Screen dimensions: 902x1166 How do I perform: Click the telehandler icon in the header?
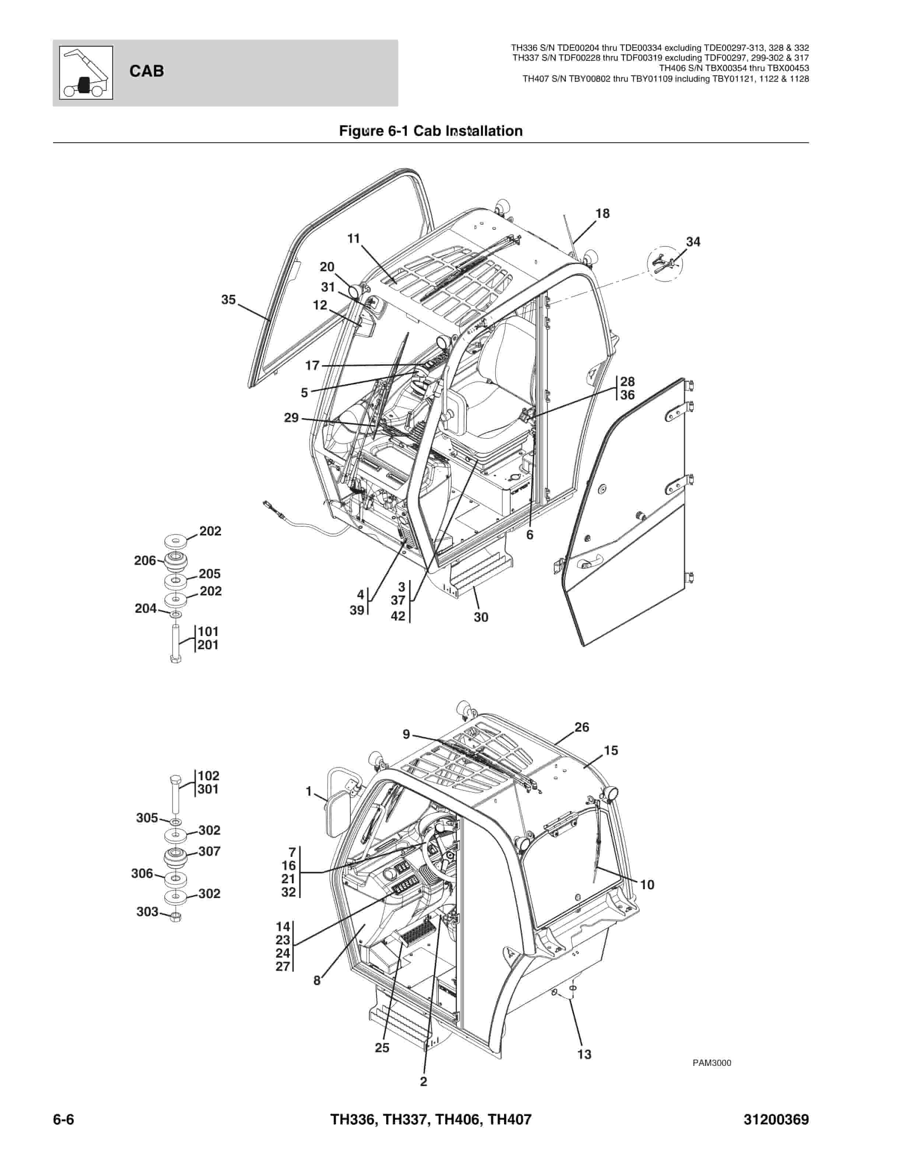(x=86, y=73)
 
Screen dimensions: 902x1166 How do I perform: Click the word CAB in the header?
(x=146, y=71)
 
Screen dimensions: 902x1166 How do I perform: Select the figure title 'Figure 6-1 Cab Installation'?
(x=431, y=131)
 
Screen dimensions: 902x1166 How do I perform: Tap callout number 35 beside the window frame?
(x=229, y=300)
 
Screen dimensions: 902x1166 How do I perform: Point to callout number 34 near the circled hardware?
(x=693, y=242)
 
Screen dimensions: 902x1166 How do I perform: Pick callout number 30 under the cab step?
(x=481, y=617)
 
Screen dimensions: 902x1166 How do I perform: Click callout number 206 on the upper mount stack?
(x=145, y=561)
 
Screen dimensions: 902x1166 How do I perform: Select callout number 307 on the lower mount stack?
(x=209, y=852)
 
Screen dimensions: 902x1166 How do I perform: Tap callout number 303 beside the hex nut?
(x=147, y=912)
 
